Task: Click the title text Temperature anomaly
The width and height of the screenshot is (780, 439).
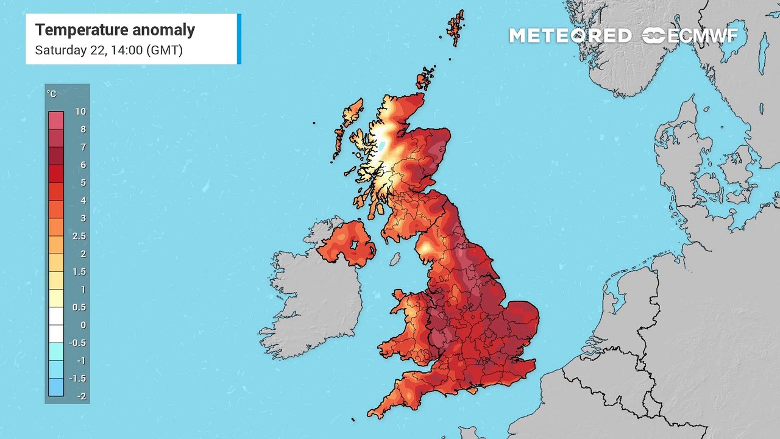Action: [115, 30]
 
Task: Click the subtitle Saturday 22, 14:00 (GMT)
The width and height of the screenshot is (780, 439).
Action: [108, 50]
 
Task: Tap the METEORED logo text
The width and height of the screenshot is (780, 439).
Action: [570, 36]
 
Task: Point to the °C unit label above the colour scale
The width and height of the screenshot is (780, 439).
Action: [52, 94]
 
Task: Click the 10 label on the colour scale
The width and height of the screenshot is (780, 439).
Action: [80, 112]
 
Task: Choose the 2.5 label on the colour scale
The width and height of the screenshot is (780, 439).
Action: [79, 236]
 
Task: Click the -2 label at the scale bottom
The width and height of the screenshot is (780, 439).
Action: [80, 396]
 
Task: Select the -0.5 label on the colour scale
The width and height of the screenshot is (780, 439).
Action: [79, 343]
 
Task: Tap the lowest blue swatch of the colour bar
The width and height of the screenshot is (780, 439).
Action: [55, 387]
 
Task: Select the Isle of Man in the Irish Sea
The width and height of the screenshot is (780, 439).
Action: [395, 259]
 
